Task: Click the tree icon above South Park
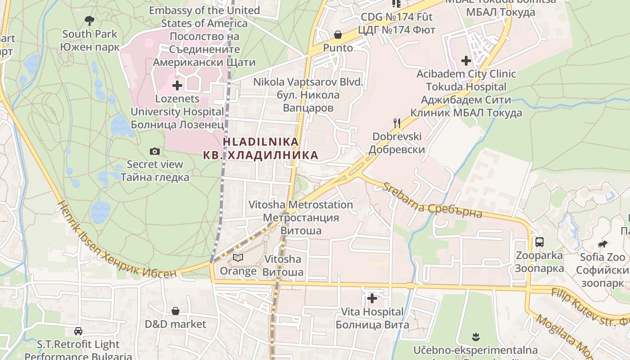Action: click(x=90, y=20)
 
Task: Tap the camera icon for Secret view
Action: click(x=155, y=151)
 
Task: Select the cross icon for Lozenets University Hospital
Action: click(x=177, y=85)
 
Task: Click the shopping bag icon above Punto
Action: click(x=338, y=35)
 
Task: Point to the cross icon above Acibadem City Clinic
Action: click(x=466, y=60)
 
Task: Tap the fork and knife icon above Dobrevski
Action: click(x=396, y=123)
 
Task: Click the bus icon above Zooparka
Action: click(x=540, y=242)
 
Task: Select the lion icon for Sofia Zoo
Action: click(x=603, y=244)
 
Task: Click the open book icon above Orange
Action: click(x=238, y=258)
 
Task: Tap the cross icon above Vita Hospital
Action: click(x=372, y=298)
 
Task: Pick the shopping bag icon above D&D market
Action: click(x=175, y=311)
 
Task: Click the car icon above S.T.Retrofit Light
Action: click(x=78, y=331)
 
